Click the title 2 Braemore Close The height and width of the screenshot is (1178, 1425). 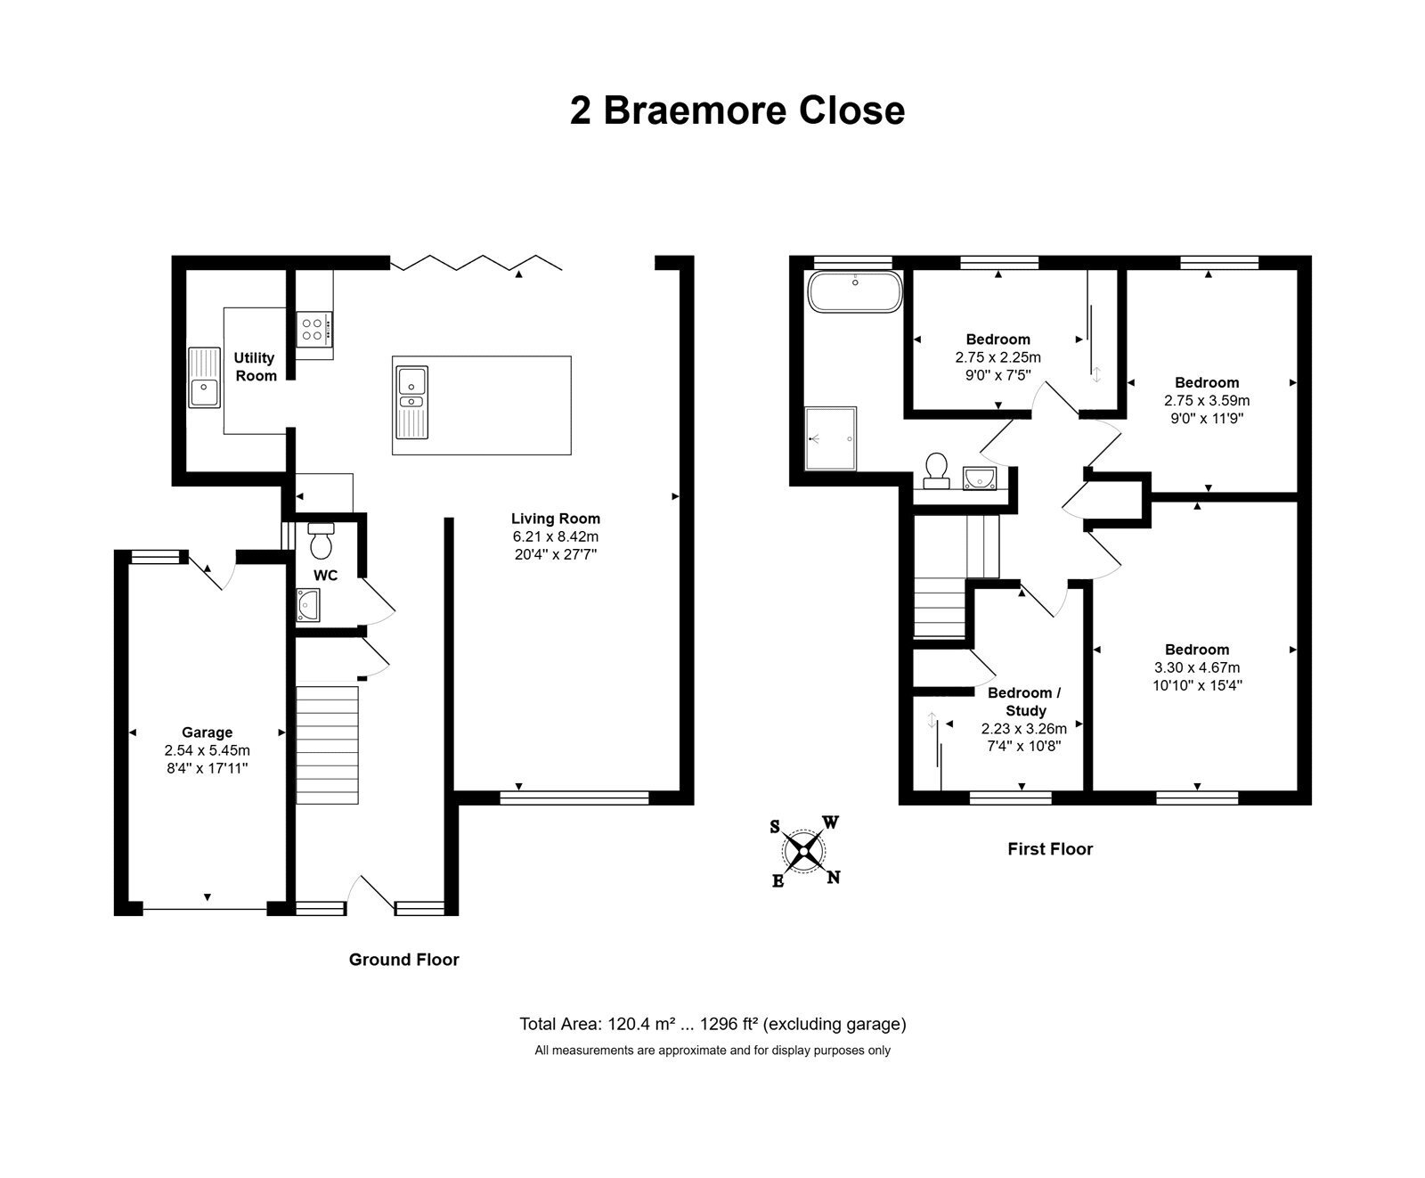737,111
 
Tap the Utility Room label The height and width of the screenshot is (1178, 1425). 256,367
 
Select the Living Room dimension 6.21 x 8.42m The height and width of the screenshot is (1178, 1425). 555,536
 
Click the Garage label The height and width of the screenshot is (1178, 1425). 208,732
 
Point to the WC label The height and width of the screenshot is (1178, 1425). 325,576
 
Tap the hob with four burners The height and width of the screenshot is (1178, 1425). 314,327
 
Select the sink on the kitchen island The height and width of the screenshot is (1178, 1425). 411,403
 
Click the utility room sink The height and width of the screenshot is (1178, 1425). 205,377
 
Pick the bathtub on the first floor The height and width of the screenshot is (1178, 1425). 855,291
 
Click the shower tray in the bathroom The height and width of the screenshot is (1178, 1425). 830,438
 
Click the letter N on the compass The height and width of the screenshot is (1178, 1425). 834,878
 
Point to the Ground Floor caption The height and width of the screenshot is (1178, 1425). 404,960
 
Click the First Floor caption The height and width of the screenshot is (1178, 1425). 1050,849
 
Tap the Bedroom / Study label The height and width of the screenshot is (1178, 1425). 1025,701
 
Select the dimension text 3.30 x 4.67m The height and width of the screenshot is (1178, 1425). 1197,667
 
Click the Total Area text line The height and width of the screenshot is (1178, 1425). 712,1024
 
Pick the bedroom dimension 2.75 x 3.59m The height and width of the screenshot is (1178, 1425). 1207,400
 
